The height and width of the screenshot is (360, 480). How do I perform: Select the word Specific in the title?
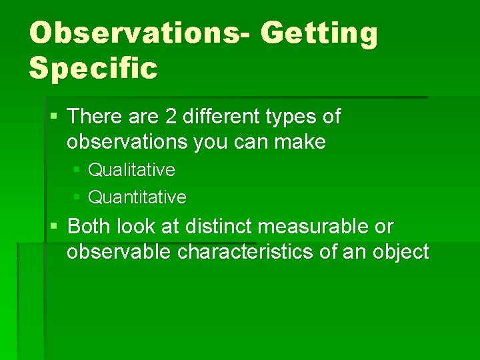tap(93, 69)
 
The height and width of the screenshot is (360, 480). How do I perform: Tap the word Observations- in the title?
tap(141, 33)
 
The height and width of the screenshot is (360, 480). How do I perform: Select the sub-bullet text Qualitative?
tap(131, 170)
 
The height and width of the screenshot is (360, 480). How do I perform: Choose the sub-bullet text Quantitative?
tap(137, 197)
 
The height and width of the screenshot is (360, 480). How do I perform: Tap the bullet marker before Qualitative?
tap(77, 170)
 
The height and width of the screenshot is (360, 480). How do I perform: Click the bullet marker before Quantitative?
tap(77, 197)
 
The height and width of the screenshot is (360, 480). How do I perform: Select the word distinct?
tap(219, 227)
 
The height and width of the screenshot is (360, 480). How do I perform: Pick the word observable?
tap(114, 252)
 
